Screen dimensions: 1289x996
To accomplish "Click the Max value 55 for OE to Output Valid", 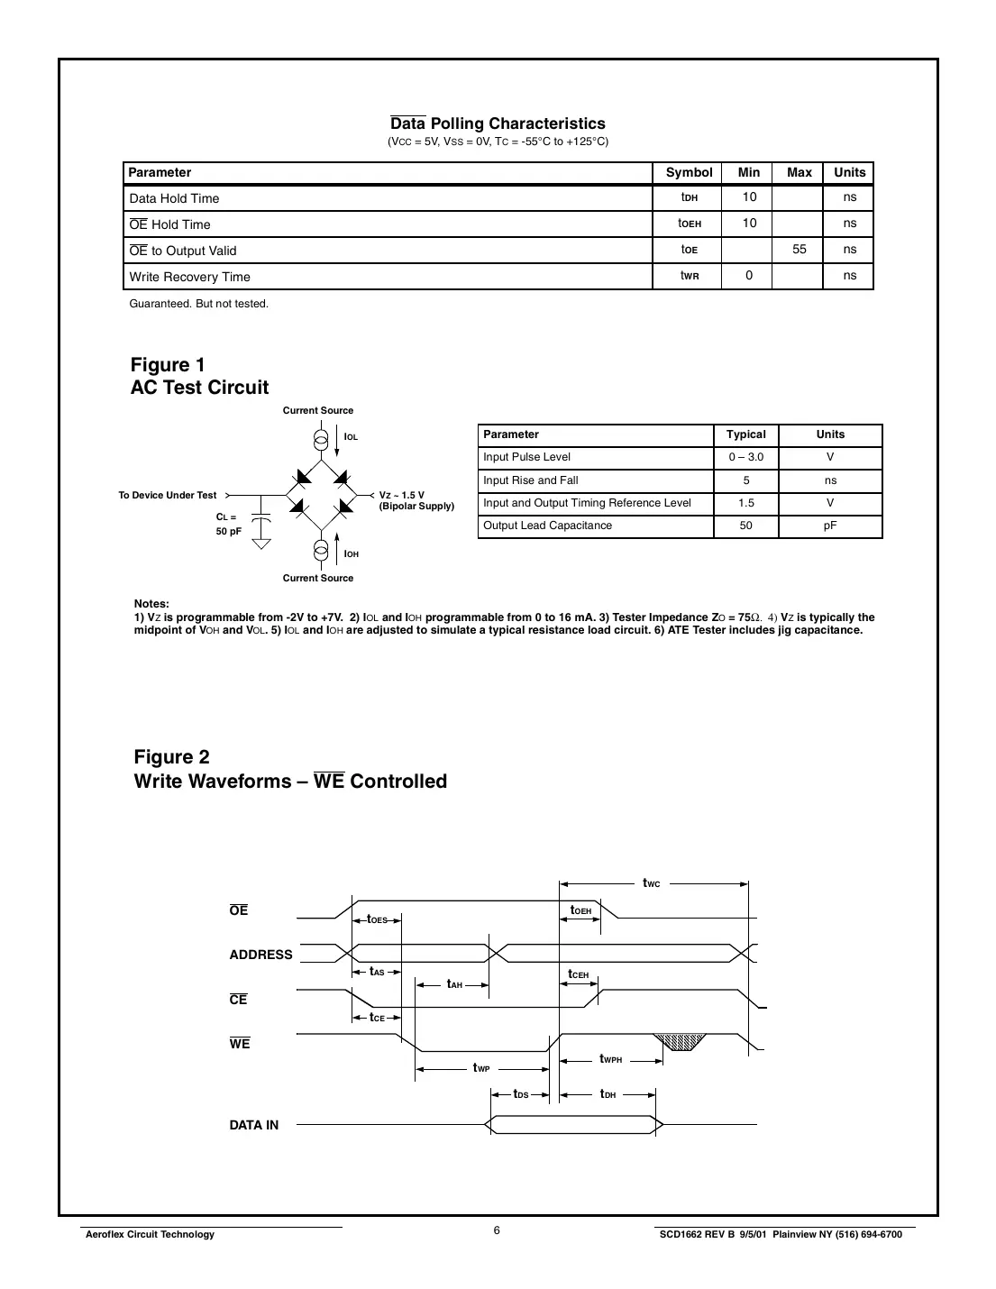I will (799, 250).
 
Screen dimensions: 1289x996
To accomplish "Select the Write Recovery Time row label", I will (189, 277).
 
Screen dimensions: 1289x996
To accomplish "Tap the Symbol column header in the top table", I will (689, 172).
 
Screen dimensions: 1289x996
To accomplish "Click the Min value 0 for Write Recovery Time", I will (748, 276).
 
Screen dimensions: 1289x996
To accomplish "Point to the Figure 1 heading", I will (168, 365).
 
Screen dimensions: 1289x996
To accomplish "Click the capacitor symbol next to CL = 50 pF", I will (260, 521).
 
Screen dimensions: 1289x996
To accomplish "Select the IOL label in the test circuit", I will (351, 437).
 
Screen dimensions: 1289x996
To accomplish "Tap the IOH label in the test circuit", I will (351, 554).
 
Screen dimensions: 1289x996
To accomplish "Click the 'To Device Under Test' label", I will (168, 495).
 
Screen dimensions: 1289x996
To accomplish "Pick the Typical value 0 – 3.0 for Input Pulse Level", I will (745, 457).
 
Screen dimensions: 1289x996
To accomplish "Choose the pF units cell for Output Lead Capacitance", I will (829, 526).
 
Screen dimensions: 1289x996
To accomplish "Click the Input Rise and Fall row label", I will (531, 480).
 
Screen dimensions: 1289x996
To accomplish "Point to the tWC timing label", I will (651, 883).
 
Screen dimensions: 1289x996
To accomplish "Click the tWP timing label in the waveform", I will (481, 1068).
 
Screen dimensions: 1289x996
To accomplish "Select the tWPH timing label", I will (610, 1059).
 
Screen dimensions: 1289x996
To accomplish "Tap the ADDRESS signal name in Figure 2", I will (260, 955).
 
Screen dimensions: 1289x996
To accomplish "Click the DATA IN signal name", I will (253, 1125).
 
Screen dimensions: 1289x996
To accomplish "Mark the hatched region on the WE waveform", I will (682, 1042).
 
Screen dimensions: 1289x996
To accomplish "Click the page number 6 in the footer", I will (497, 1231).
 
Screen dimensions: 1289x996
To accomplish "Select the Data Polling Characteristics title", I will (498, 123).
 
